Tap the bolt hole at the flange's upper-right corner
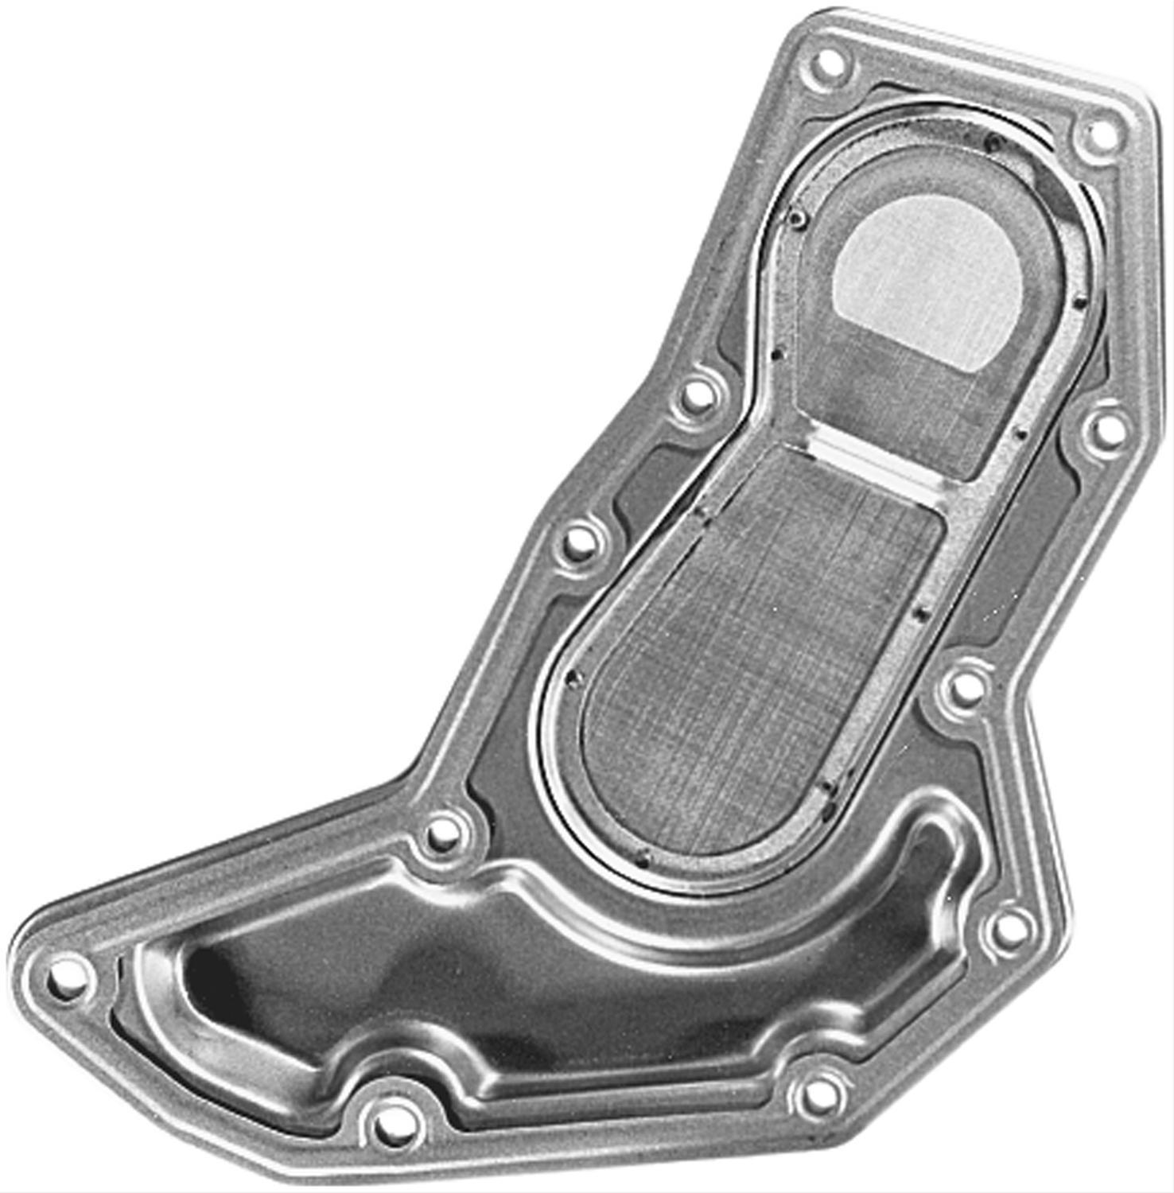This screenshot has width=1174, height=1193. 1100,135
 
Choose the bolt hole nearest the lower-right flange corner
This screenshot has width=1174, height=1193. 1009,928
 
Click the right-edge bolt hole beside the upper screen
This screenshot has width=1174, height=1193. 1105,429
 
